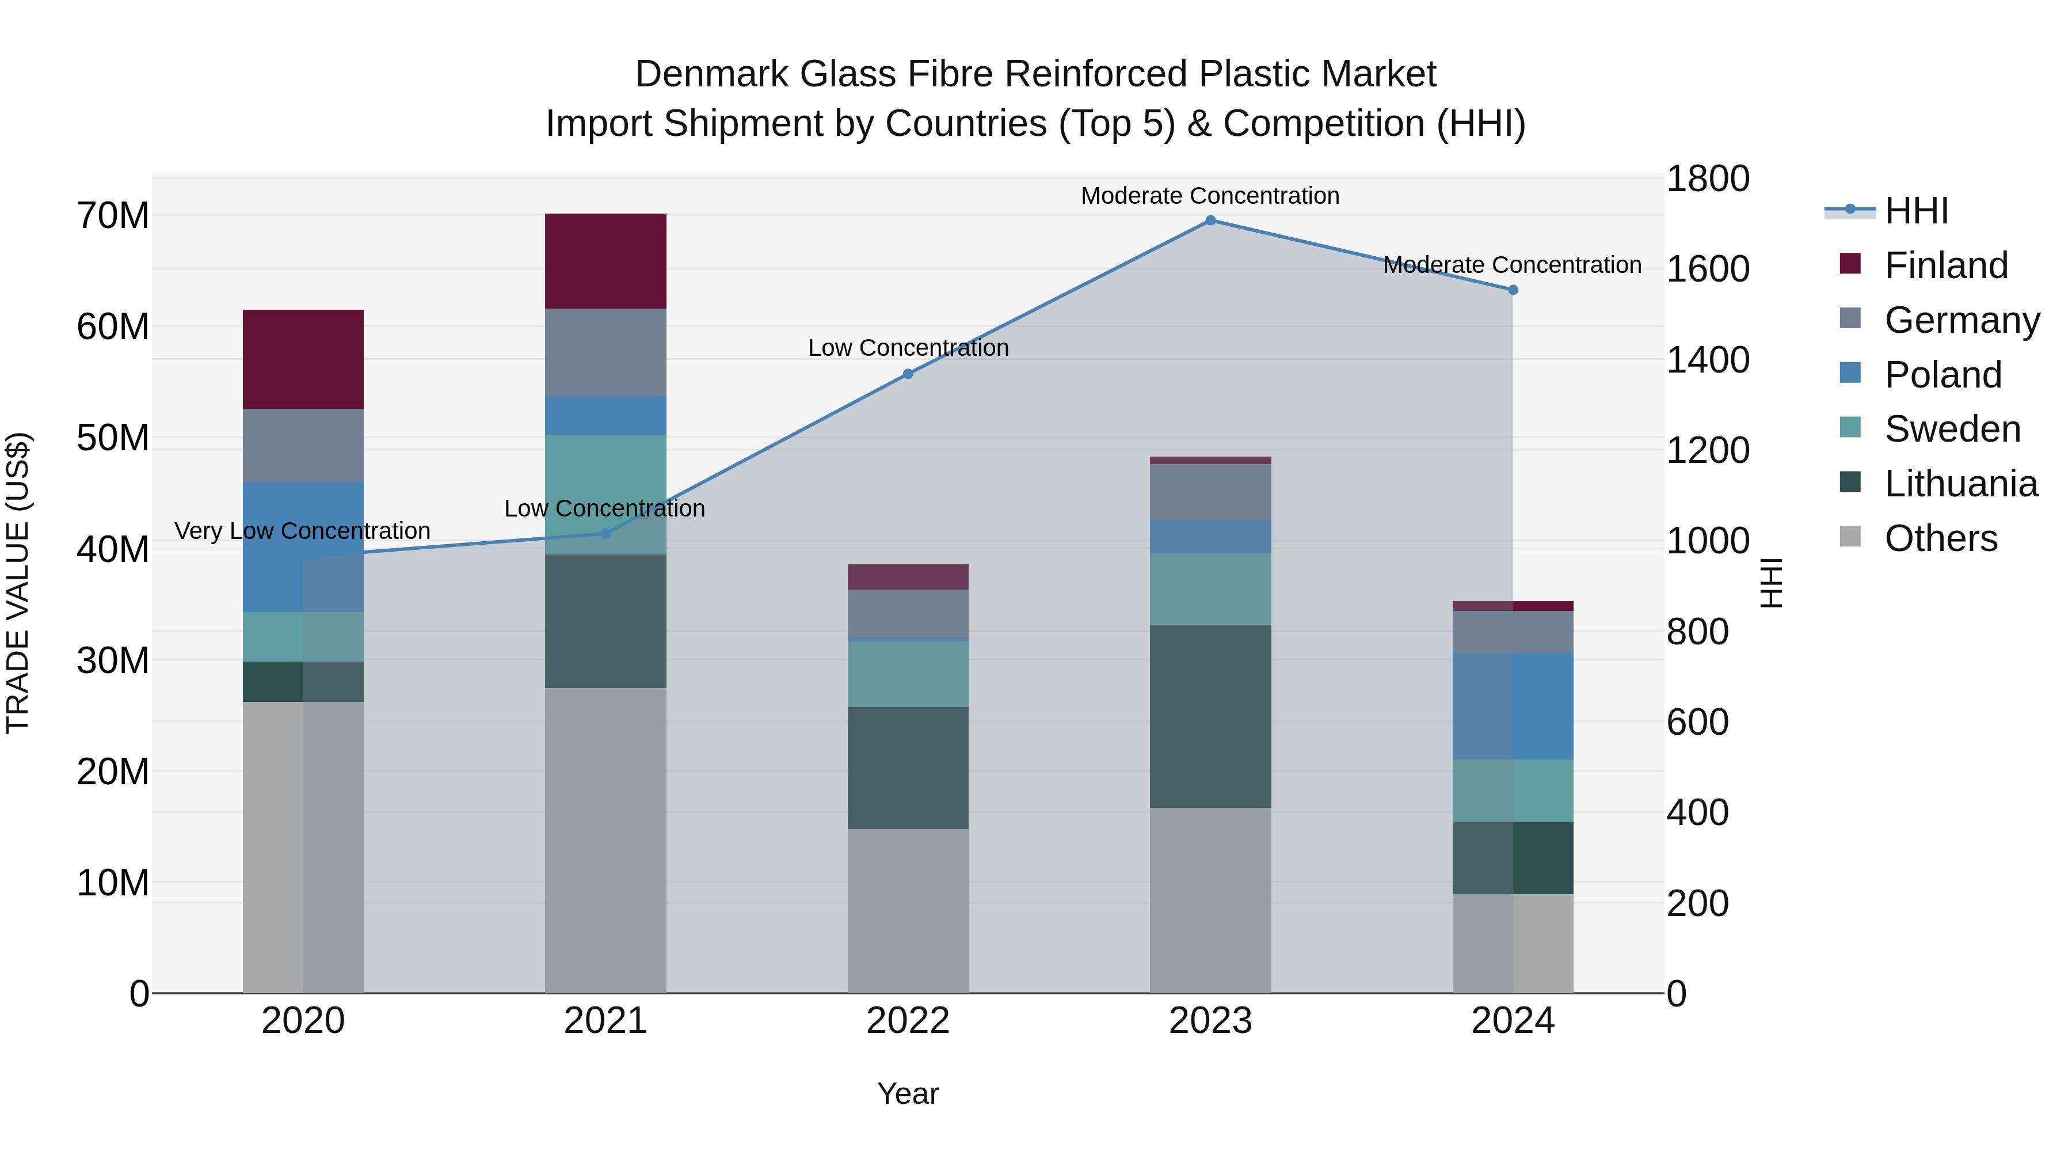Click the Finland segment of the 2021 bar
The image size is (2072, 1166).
click(x=605, y=261)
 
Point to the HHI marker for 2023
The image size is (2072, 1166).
click(x=1210, y=221)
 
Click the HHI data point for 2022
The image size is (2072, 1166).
click(x=908, y=373)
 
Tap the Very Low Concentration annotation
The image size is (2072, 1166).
click(x=302, y=531)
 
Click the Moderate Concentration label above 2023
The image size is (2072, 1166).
click(x=1210, y=196)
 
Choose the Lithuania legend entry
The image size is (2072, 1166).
click(x=1960, y=484)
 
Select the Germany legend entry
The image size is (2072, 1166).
click(x=1961, y=320)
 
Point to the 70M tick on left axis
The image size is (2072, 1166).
click(x=113, y=216)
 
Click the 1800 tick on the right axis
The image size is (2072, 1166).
click(x=1707, y=178)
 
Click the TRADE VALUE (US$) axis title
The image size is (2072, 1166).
click(x=18, y=583)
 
